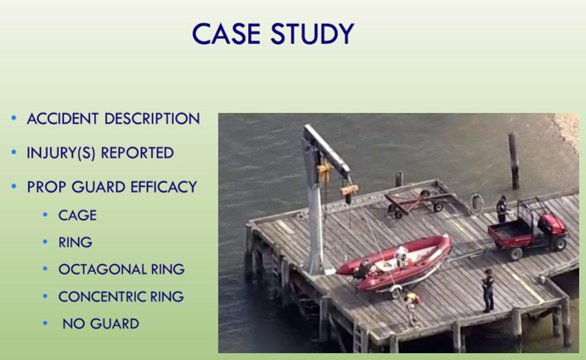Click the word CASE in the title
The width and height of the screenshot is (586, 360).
(226, 34)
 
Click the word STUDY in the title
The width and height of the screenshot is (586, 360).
(312, 34)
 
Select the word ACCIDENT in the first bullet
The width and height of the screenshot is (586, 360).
(62, 119)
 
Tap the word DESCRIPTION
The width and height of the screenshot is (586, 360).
(152, 119)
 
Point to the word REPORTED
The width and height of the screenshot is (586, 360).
(137, 153)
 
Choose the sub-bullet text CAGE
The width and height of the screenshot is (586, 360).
(77, 216)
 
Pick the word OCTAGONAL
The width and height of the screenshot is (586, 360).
(102, 269)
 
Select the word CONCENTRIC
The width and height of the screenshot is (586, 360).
(102, 296)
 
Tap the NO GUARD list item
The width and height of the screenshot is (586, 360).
(101, 323)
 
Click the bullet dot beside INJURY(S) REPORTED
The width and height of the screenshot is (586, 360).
(14, 152)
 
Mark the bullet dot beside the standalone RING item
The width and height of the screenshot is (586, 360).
(45, 242)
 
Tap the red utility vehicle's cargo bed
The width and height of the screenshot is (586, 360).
(510, 233)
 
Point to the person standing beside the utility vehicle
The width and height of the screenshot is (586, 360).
(501, 209)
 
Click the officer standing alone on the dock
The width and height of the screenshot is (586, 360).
(487, 290)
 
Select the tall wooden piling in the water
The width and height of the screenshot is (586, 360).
(514, 160)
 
